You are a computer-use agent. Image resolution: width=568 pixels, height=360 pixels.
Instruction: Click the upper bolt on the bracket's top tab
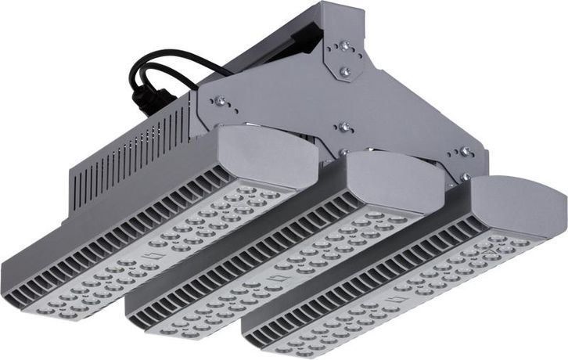[345, 47]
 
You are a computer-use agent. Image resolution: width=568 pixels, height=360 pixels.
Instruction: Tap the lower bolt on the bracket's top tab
[345, 71]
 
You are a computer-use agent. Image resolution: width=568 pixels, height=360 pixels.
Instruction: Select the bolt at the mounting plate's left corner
[220, 100]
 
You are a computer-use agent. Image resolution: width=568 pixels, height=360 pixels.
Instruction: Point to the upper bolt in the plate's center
[343, 126]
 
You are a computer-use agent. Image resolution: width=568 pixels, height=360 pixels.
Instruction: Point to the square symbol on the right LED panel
[401, 298]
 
